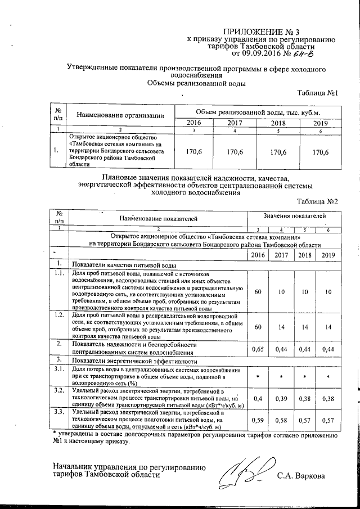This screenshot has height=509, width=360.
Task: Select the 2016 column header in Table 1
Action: click(193, 123)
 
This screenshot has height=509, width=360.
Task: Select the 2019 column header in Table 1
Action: click(320, 123)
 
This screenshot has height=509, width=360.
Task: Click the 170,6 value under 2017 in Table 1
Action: click(234, 151)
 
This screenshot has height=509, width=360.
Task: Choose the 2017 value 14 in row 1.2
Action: click(280, 326)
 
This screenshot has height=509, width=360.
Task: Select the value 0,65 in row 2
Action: click(258, 348)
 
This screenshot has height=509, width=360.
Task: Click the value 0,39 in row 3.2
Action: click(280, 398)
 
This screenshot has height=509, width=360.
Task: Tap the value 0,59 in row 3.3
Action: click(258, 420)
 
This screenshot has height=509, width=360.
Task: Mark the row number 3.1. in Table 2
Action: click(58, 369)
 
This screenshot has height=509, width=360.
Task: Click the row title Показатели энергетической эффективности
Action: click(134, 361)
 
